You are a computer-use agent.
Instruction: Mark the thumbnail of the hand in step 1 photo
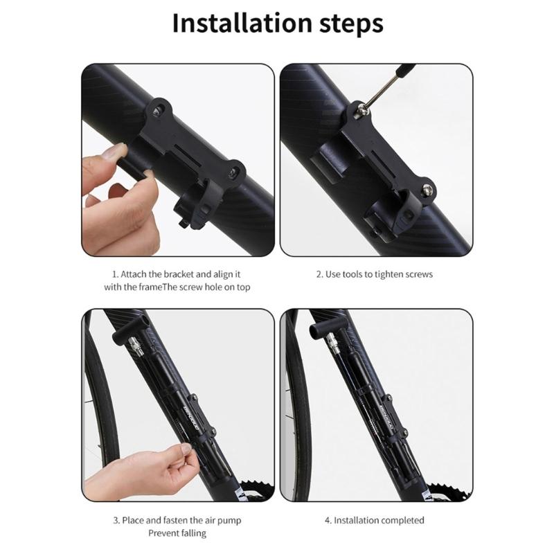tap(118, 150)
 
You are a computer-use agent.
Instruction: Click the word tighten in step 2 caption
tap(390, 274)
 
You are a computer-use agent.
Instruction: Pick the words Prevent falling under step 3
tap(177, 533)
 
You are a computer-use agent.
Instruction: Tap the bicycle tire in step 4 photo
tap(294, 415)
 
